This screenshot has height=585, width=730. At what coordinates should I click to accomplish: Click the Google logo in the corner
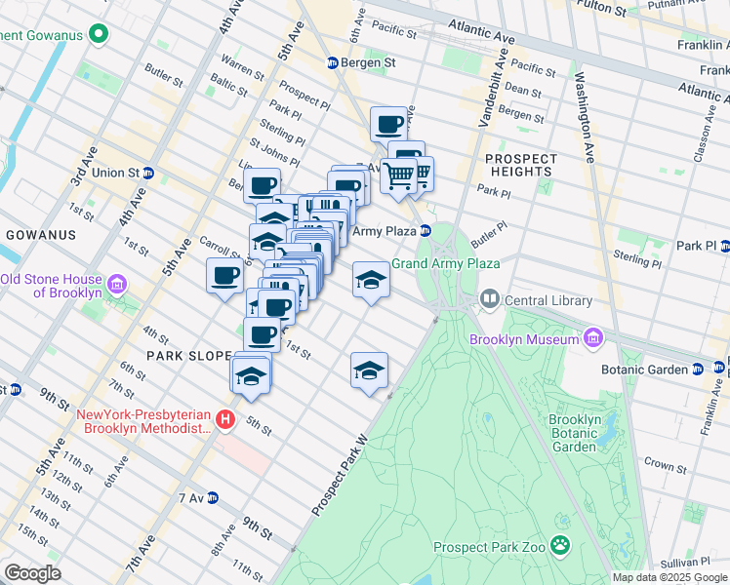coord(32,573)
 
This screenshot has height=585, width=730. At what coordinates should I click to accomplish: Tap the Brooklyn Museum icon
coord(592,337)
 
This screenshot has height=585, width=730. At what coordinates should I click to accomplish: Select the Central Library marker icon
coord(489,298)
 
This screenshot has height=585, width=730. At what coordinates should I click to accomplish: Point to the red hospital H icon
coord(225,420)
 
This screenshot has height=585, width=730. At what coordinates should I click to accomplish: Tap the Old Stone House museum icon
coord(117,286)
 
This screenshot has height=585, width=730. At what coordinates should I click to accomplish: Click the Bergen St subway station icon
coord(332,62)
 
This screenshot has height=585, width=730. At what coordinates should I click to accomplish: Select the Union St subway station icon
coord(148,173)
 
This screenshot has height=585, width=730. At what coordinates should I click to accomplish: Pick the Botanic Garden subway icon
coord(698,370)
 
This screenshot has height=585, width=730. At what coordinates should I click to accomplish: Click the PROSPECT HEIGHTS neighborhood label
coord(520,165)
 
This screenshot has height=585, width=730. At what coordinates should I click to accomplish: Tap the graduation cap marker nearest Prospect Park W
coord(369,370)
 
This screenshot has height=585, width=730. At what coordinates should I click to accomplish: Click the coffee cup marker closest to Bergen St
coord(388,125)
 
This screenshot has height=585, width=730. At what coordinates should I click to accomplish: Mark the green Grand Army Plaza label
coord(446,263)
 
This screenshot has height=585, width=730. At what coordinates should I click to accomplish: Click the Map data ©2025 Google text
coord(669,577)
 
